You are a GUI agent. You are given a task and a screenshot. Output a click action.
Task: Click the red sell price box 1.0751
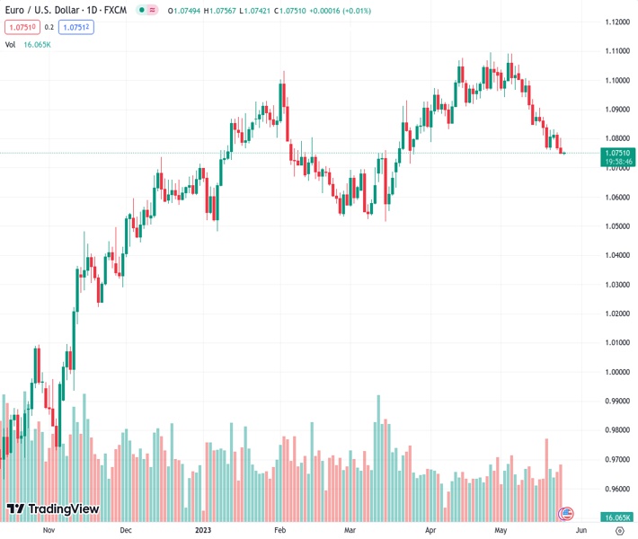coord(22,27)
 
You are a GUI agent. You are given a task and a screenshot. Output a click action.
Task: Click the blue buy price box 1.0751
coord(75,27)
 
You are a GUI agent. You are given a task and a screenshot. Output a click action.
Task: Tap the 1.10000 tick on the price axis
coord(616,80)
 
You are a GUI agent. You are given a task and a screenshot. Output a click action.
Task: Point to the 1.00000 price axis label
coord(616,372)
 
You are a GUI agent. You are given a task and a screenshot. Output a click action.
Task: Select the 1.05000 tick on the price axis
coord(616,225)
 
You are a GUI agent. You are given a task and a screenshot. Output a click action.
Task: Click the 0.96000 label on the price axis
coord(616,489)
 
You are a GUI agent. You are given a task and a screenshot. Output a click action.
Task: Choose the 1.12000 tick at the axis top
coord(616,22)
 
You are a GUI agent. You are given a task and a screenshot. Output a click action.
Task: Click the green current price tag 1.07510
coord(617,153)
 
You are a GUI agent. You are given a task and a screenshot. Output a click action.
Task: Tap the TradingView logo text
coord(63,509)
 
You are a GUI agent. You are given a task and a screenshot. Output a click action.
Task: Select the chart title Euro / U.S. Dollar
coord(41,11)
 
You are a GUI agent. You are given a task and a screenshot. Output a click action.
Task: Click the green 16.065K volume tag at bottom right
coord(616,517)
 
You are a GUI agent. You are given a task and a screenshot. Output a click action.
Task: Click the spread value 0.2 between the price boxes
coord(49,27)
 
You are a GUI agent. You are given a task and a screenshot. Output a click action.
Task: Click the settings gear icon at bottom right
coord(619,530)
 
